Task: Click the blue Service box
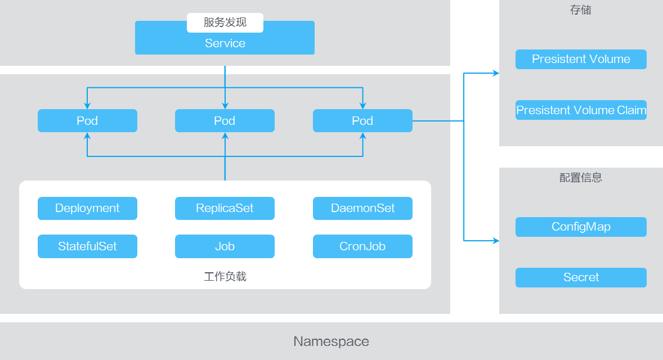[225, 43]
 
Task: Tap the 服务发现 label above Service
[225, 22]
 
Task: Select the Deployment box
[88, 208]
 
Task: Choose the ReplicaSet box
[225, 208]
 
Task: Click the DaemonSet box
[363, 208]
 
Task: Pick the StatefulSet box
[88, 246]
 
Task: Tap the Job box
[225, 246]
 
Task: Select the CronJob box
[363, 246]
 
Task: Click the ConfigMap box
[581, 227]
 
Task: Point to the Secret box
[581, 278]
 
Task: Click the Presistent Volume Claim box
[581, 110]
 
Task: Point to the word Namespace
[331, 341]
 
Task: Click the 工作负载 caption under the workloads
[225, 276]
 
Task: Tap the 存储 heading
[581, 10]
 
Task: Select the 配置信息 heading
[581, 177]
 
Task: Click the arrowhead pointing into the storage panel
[496, 73]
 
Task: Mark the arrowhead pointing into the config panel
[496, 241]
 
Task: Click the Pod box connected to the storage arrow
[363, 121]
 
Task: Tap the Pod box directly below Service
[225, 121]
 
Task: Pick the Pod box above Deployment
[88, 121]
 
